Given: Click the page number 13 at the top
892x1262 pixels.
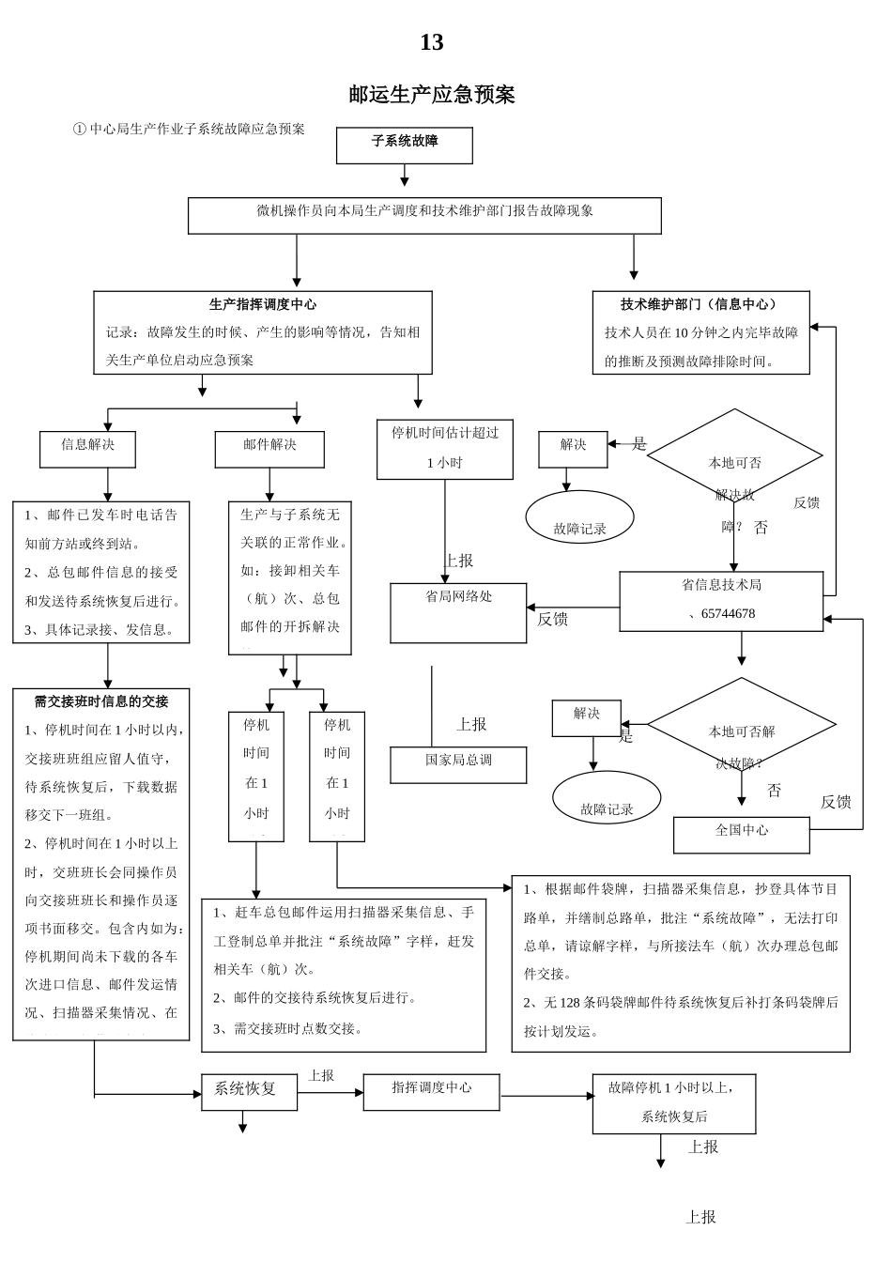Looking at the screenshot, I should click(x=431, y=43).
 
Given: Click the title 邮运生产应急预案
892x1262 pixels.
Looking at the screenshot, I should click(x=431, y=95).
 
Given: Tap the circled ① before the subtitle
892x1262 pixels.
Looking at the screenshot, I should click(x=79, y=130).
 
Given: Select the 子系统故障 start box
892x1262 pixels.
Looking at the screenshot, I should click(x=405, y=146).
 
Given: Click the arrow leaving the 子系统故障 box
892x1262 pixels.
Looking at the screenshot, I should click(x=405, y=176).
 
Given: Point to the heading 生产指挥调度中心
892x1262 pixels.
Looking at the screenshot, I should click(x=262, y=305).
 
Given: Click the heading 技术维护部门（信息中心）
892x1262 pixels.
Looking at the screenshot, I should click(x=700, y=305).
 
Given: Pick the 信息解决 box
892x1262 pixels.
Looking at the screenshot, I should click(x=87, y=449).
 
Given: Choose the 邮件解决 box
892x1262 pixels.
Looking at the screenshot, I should click(x=269, y=449).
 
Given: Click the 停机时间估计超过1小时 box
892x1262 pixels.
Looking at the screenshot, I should click(x=445, y=449).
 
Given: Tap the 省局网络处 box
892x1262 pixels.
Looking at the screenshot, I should click(x=458, y=612).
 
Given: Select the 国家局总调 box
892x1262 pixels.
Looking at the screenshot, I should click(x=458, y=764).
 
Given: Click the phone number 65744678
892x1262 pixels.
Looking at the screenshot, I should click(x=728, y=614).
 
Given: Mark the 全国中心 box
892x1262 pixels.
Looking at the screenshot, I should click(x=741, y=834).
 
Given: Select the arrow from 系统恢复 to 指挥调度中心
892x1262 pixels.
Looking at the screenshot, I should click(x=330, y=1093).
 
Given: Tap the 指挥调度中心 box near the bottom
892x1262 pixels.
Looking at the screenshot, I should click(x=431, y=1092).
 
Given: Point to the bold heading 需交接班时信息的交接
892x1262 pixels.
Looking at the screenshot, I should click(x=101, y=701).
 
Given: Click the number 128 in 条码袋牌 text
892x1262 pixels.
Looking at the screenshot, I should click(x=570, y=1003).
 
